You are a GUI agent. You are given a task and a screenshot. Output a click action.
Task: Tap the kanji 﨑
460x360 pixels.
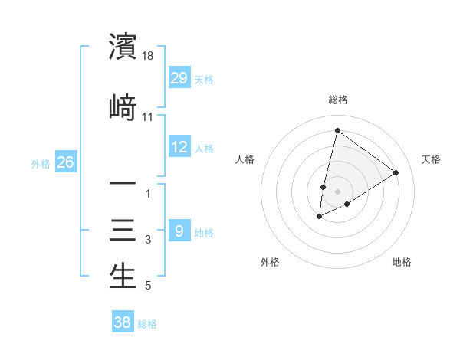pyautogui.click(x=123, y=106)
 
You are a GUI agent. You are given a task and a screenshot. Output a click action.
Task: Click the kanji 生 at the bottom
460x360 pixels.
pyautogui.click(x=123, y=277)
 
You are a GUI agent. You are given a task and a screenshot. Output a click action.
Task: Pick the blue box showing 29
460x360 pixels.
pyautogui.click(x=179, y=78)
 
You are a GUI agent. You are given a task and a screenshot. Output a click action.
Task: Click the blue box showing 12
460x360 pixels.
pyautogui.click(x=179, y=147)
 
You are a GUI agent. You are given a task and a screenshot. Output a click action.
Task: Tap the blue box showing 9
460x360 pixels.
pyautogui.click(x=179, y=231)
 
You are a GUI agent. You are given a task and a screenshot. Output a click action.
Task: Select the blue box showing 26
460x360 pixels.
pyautogui.click(x=65, y=162)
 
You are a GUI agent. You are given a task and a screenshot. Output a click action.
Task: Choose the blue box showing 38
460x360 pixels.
pyautogui.click(x=123, y=322)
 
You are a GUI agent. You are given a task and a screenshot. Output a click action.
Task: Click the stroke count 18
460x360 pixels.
pyautogui.click(x=149, y=56)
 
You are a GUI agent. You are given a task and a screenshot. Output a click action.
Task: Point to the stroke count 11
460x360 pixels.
pyautogui.click(x=148, y=116)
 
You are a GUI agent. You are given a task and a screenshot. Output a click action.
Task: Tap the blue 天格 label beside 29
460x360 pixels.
pyautogui.click(x=204, y=79)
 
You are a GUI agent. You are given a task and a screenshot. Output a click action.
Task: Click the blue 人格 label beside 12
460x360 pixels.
pyautogui.click(x=204, y=148)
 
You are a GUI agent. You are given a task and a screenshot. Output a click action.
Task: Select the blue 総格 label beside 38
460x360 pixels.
pyautogui.click(x=147, y=323)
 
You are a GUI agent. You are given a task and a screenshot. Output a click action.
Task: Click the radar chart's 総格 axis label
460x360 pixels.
pyautogui.click(x=338, y=100)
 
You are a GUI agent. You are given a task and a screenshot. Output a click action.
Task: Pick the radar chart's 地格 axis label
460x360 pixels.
pyautogui.click(x=402, y=262)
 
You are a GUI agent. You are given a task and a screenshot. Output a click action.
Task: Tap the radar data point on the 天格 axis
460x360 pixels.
pyautogui.click(x=396, y=172)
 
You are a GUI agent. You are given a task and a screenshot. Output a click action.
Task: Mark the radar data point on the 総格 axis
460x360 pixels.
pyautogui.click(x=337, y=130)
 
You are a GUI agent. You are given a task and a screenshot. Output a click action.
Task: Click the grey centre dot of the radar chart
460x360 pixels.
pyautogui.click(x=337, y=191)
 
